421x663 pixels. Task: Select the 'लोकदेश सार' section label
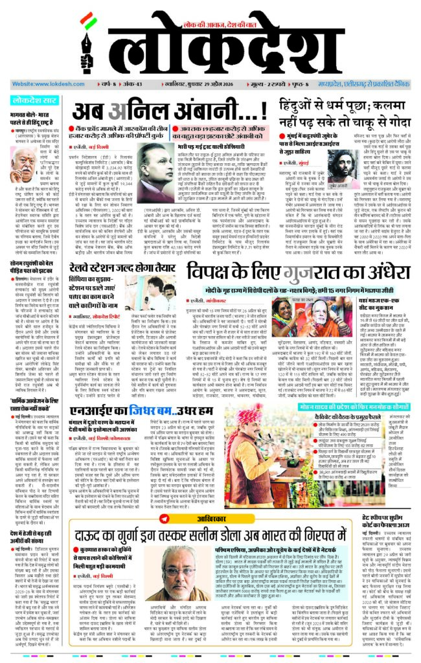click(32, 100)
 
